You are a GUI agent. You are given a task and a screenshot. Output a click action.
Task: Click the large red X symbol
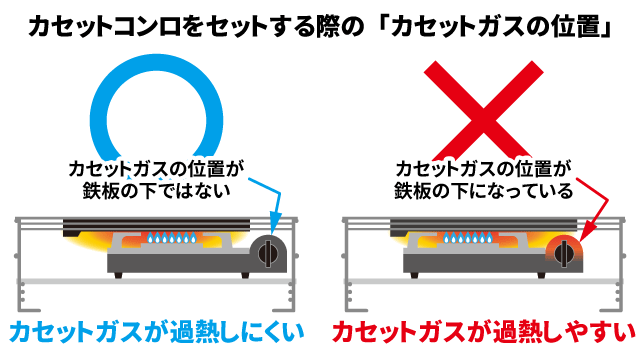484,109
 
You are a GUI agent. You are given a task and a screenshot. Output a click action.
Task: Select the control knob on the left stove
268,254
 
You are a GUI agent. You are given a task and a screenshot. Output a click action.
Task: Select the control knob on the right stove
564,254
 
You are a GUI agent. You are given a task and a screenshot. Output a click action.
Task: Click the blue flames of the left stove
172,238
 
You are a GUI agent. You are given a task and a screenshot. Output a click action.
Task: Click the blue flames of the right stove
468,238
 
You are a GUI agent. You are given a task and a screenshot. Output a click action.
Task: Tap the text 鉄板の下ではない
157,191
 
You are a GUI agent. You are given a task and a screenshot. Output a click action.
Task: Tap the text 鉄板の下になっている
484,191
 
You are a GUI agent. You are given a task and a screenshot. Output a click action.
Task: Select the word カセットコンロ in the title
104,27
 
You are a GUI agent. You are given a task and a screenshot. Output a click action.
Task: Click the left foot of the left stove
118,276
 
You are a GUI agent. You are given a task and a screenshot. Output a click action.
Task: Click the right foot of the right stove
541,276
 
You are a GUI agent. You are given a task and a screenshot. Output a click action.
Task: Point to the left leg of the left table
20,265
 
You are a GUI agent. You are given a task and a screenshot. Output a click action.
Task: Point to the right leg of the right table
620,265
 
